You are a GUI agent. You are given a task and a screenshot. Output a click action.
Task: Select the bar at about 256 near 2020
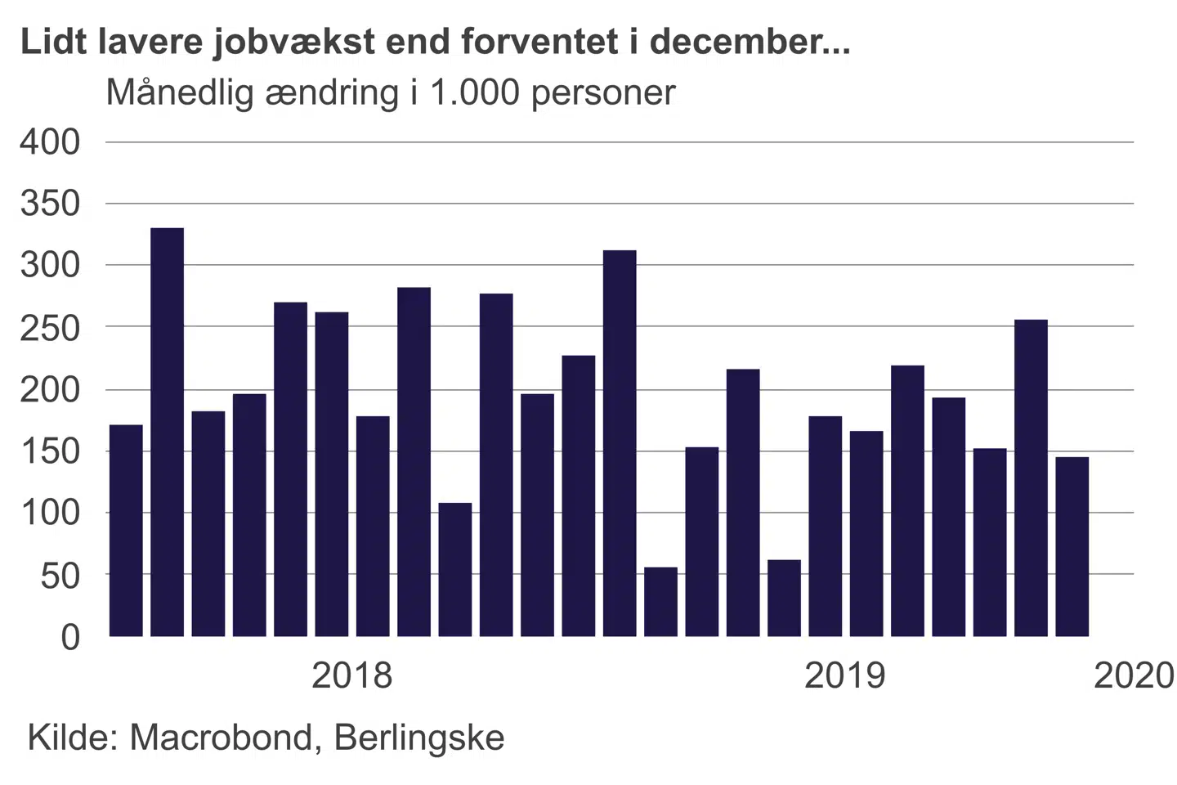[1031, 478]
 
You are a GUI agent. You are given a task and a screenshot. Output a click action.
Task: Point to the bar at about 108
[455, 569]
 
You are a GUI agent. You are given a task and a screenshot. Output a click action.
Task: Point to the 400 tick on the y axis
[51, 142]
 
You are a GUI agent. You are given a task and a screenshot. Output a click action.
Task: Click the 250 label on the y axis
[51, 327]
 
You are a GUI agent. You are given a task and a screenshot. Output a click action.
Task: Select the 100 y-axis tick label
[51, 513]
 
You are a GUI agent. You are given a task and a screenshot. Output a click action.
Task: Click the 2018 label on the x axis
[352, 675]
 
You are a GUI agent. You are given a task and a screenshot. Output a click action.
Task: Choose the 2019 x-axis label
[845, 675]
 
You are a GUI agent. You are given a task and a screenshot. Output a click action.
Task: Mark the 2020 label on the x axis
[1134, 675]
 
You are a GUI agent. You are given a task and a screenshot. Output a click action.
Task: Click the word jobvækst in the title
[294, 41]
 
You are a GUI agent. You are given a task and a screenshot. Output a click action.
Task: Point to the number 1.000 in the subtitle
[475, 93]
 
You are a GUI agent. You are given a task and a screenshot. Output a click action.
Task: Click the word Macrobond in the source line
[222, 738]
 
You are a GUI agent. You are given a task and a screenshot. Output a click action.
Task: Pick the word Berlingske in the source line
[419, 738]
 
